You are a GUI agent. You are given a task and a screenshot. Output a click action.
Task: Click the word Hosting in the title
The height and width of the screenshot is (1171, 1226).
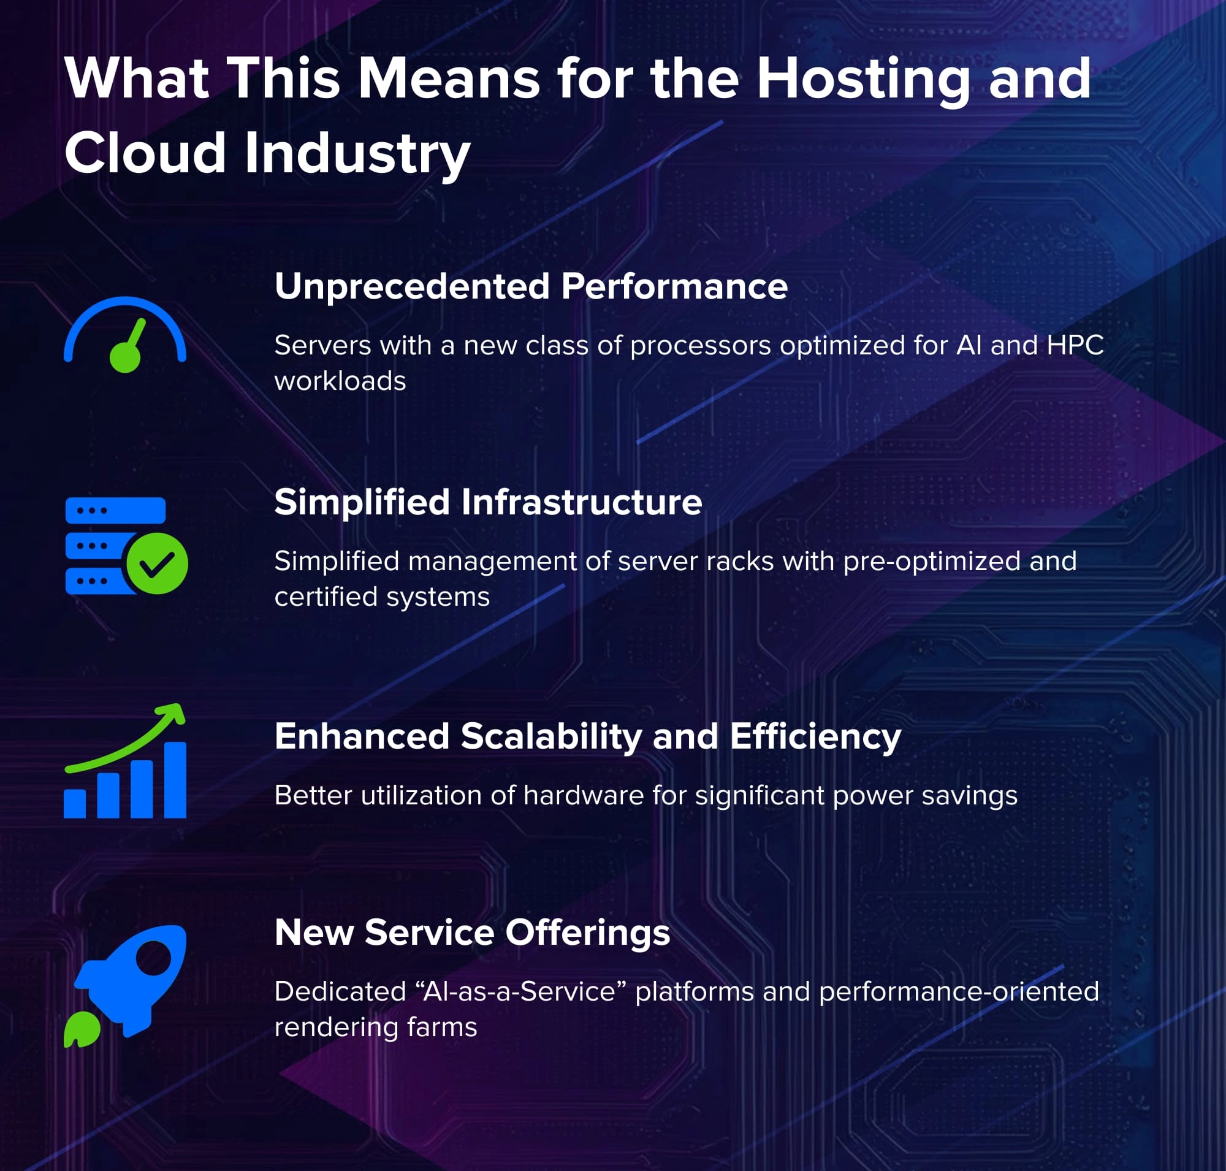862,80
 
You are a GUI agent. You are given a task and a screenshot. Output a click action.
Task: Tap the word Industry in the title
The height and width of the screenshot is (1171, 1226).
357,154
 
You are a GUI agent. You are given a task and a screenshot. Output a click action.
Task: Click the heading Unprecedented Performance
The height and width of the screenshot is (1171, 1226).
531,286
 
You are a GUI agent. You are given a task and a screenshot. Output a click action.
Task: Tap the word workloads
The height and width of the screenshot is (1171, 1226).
340,381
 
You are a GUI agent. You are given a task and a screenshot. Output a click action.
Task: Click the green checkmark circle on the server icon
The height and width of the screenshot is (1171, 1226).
157,563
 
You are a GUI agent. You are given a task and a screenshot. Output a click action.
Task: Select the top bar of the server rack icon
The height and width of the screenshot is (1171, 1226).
115,510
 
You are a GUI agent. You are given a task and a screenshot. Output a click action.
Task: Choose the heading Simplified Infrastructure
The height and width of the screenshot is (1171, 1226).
488,502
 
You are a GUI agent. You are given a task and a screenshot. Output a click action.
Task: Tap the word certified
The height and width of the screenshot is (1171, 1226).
327,597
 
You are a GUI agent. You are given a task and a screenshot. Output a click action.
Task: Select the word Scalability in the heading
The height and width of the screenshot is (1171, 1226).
551,736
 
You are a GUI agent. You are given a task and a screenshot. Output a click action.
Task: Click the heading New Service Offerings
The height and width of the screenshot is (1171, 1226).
472,933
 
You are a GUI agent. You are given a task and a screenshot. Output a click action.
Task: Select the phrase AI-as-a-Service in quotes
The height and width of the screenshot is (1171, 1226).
525,991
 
